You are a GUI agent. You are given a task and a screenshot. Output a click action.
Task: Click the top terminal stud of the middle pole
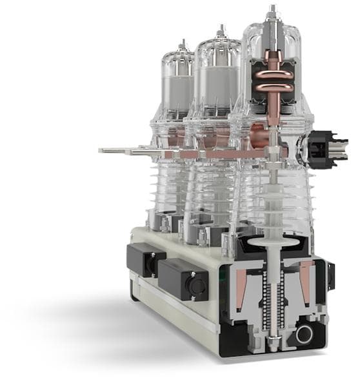221,30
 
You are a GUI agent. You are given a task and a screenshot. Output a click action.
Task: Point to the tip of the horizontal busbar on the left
103,150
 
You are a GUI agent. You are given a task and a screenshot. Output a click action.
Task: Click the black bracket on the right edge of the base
331,274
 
